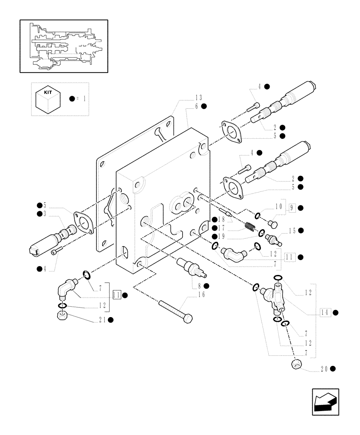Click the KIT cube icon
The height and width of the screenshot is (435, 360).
click(x=48, y=99)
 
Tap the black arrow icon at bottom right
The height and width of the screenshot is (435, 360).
click(x=325, y=402)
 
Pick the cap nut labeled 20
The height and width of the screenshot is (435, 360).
click(x=296, y=364)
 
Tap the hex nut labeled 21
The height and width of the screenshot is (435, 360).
click(x=62, y=314)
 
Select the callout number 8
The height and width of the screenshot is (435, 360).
click(x=200, y=286)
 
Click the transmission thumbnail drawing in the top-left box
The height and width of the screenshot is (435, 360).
click(x=63, y=46)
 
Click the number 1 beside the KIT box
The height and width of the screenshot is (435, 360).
click(x=84, y=99)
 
